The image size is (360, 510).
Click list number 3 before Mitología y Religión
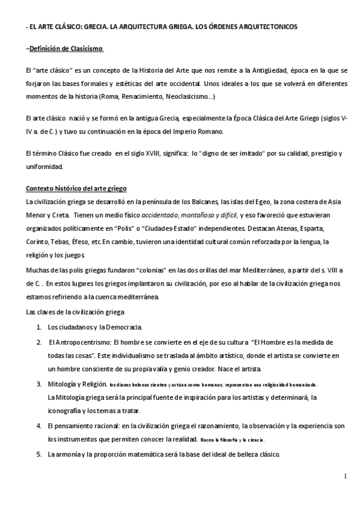[x=38, y=384]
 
